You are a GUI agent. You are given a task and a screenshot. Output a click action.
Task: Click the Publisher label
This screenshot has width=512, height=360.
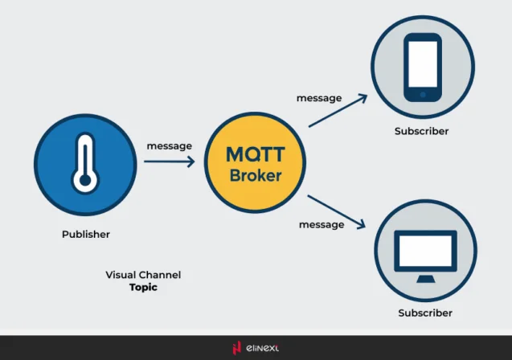coord(86,235)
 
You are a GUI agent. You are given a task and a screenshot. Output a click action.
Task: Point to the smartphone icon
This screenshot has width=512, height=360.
coord(423,67)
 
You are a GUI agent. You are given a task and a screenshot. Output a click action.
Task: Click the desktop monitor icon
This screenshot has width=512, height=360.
coord(425,254)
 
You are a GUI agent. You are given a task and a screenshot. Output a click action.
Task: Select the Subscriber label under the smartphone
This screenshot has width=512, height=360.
coord(421,131)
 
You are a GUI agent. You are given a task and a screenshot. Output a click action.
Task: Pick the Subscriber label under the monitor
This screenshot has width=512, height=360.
coord(425,313)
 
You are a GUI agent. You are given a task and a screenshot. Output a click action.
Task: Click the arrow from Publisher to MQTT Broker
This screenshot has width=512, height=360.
coord(170,162)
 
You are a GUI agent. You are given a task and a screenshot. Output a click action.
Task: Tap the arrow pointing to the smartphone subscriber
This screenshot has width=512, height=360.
coord(337,111)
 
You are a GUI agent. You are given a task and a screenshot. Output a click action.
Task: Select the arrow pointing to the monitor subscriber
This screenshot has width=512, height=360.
coord(337,211)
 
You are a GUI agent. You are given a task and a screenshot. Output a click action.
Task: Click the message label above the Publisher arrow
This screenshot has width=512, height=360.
coord(169,145)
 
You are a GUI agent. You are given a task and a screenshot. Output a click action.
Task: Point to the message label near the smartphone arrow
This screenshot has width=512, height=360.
coord(318,98)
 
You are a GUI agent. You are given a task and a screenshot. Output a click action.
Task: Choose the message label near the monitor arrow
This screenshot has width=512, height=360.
coord(322,224)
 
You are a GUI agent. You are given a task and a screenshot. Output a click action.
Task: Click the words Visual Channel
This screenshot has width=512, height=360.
coord(143,275)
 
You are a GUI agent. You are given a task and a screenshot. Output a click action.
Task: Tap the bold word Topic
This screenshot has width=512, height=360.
coord(143,287)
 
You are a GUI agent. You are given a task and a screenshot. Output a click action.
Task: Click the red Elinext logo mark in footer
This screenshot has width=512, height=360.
coord(236,348)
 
